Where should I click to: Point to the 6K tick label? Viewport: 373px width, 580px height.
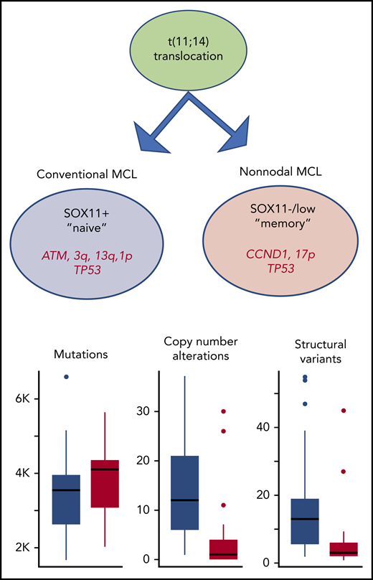click(x=24, y=399)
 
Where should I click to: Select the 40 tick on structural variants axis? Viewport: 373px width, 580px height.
click(x=265, y=426)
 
